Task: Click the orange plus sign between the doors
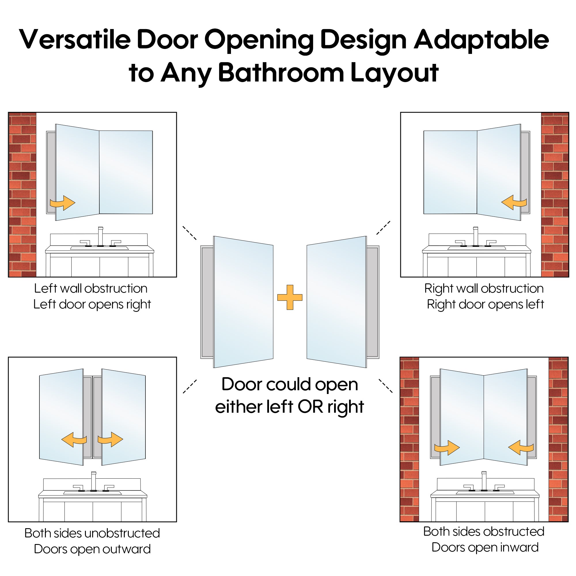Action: (290, 297)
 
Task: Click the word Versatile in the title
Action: (75, 39)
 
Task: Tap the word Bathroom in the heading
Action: (281, 73)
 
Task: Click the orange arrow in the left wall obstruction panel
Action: (62, 203)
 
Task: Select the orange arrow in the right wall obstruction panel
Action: (514, 202)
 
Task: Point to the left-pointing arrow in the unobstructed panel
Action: (74, 440)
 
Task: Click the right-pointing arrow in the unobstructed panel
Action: (110, 439)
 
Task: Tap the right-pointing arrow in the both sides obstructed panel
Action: (447, 448)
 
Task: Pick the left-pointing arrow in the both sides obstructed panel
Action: (521, 448)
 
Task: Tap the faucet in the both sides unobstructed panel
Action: (94, 482)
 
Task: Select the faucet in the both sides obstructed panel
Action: (484, 481)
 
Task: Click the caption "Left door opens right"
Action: (92, 305)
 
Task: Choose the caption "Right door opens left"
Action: (485, 304)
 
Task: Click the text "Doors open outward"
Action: (92, 549)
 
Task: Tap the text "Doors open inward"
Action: (485, 547)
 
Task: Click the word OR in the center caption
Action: (310, 407)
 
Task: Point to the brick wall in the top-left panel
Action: (22, 195)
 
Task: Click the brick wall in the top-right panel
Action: (555, 195)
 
